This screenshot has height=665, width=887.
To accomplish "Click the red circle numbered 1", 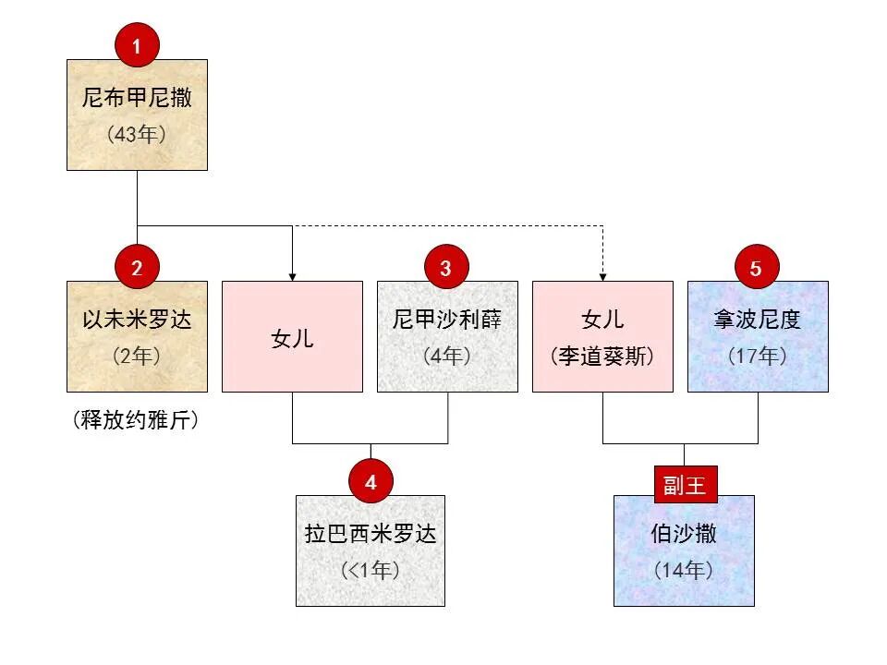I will point(137,47).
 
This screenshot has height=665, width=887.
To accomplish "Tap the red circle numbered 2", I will point(137,268).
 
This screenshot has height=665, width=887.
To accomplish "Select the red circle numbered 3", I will point(446,268).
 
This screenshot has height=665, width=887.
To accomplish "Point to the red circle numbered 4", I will point(371,482).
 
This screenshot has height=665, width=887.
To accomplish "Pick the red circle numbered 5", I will point(757,268).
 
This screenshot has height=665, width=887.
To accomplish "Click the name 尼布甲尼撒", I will point(137,98).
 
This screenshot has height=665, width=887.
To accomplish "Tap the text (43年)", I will point(137,134).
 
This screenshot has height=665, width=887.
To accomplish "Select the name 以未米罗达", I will point(137,320).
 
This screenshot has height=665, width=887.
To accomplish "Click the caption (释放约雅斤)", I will point(137,421).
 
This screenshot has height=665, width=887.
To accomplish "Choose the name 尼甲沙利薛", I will point(447,320).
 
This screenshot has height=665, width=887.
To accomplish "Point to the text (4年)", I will point(447,356).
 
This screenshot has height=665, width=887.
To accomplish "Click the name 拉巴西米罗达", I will point(371,534).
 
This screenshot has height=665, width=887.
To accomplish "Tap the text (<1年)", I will point(371,570).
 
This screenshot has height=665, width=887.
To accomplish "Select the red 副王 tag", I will point(685,485).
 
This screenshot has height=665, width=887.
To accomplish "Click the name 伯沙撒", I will point(684,534).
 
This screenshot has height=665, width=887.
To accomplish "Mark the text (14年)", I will point(684,570).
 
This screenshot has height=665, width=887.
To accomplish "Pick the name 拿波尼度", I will point(758,320).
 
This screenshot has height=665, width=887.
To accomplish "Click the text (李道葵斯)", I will point(602,356).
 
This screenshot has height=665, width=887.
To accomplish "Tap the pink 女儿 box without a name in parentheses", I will point(292,338).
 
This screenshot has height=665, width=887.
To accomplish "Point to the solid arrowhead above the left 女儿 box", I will point(292,275).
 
